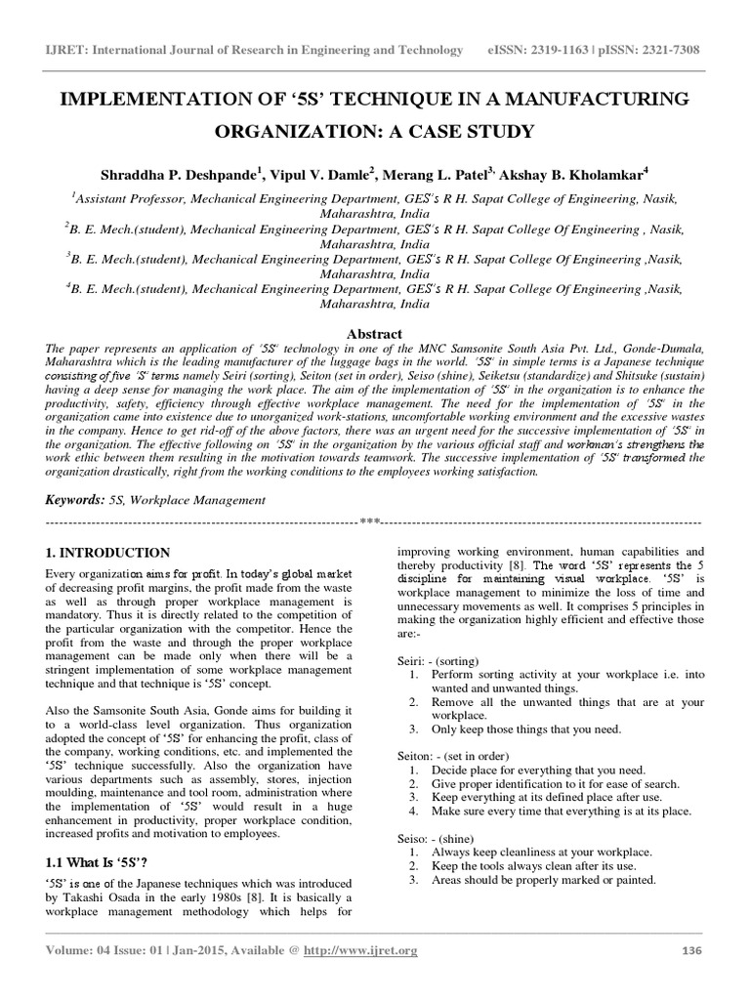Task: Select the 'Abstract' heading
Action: point(375,334)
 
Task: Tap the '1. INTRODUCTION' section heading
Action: point(107,553)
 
